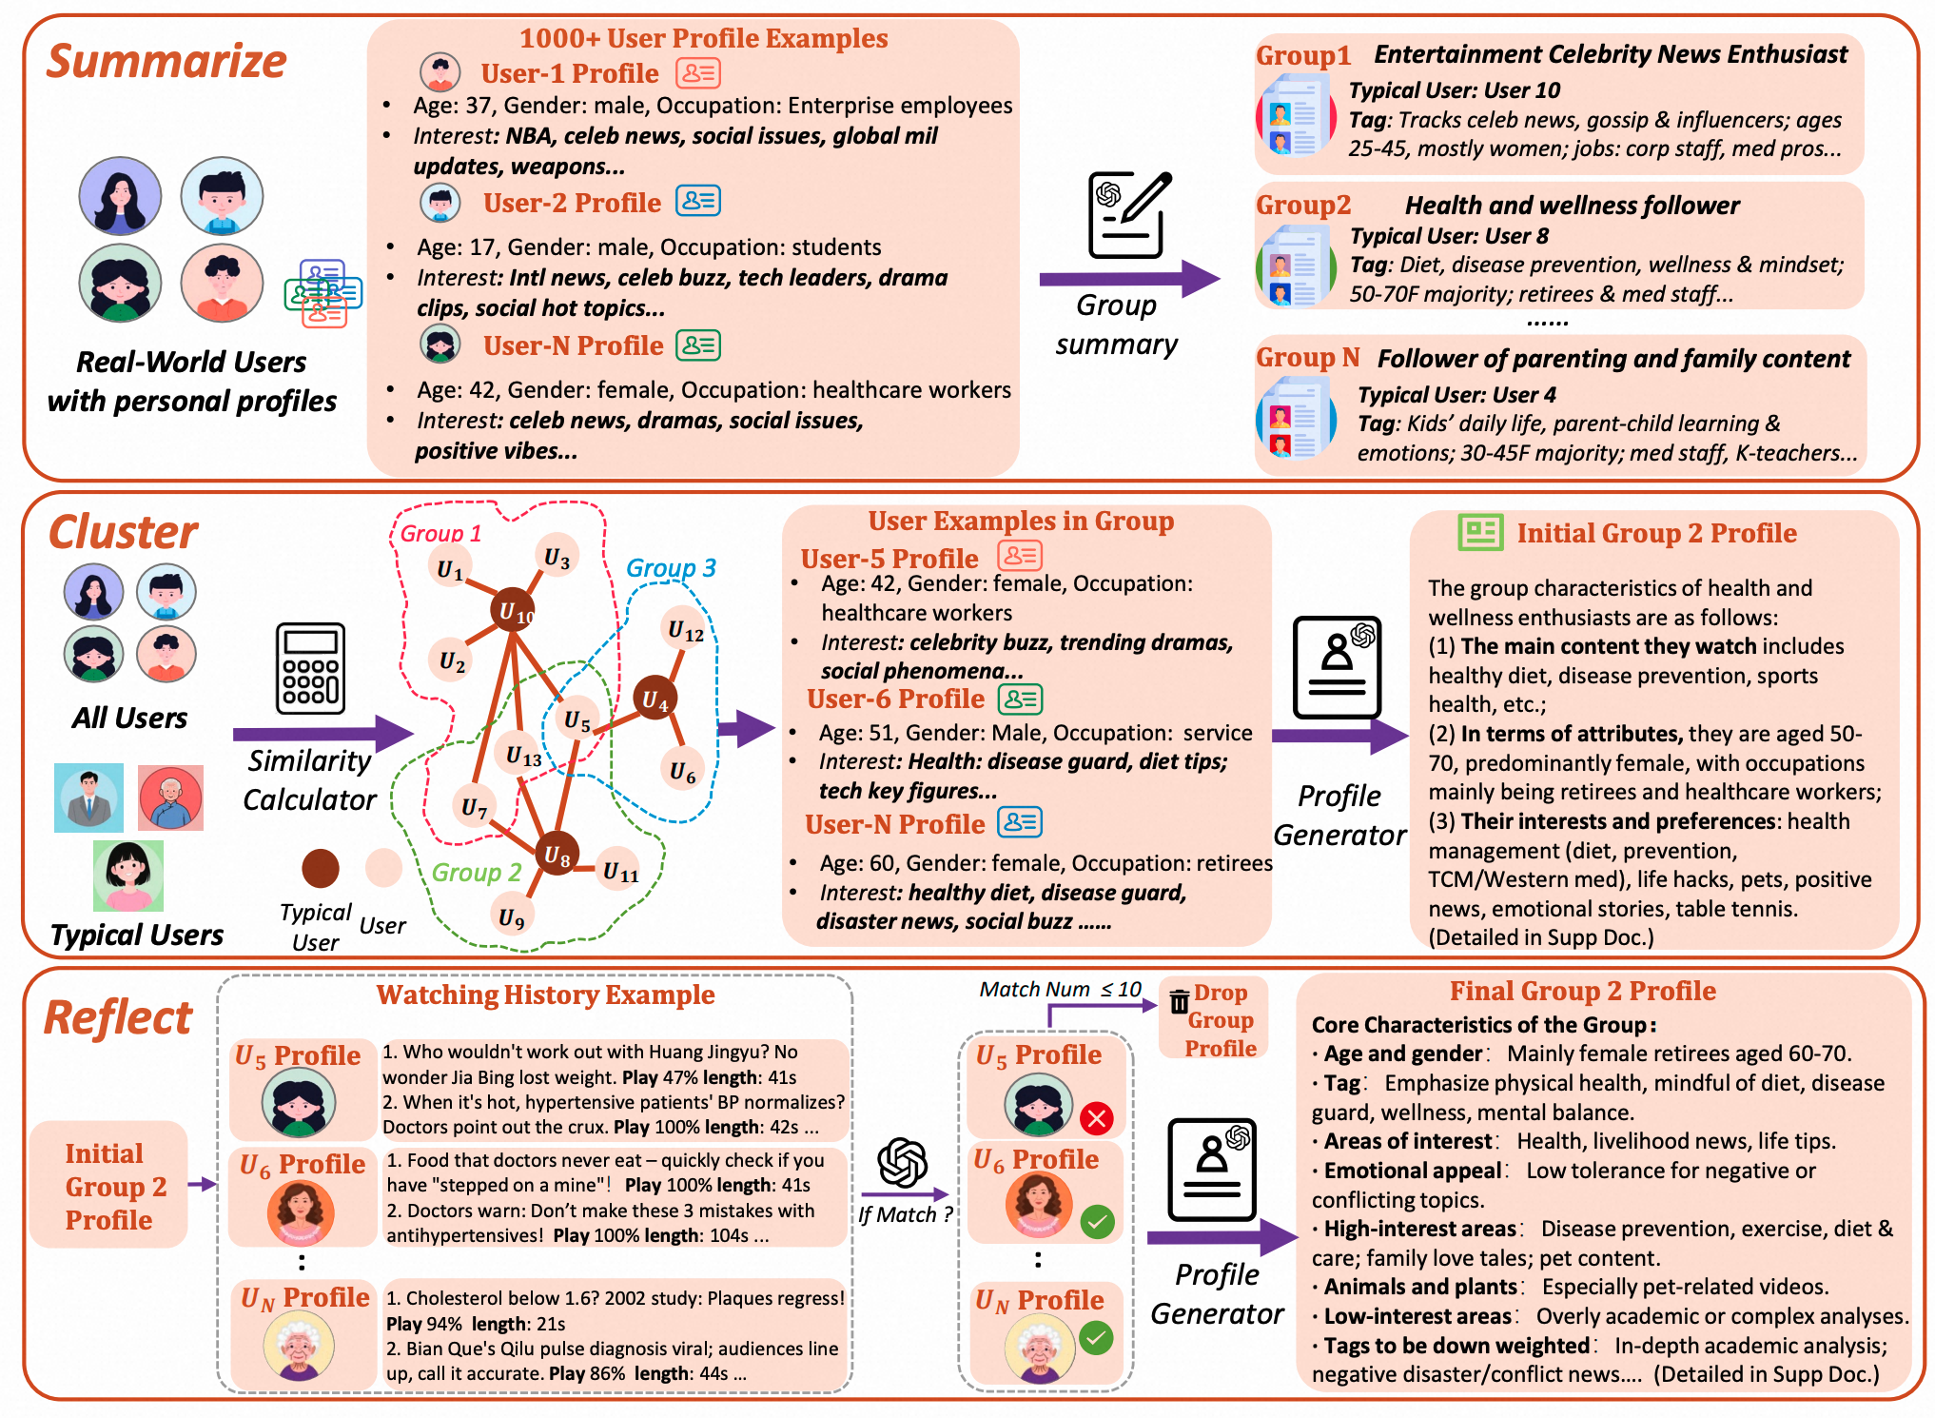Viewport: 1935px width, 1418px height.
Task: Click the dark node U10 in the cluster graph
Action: point(512,611)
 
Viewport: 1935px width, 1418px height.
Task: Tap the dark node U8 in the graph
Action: point(557,855)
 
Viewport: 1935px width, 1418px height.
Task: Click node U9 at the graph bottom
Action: point(512,916)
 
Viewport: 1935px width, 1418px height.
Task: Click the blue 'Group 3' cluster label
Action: point(671,567)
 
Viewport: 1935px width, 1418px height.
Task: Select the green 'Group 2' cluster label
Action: point(477,872)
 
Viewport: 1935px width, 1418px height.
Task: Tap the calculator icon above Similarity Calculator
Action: point(310,668)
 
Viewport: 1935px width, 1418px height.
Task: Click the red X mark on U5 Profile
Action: point(1096,1117)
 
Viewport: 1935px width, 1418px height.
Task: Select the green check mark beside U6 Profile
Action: point(1097,1221)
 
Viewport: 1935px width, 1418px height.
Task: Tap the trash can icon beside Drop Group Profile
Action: point(1179,1001)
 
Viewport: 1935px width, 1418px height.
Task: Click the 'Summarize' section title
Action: point(166,61)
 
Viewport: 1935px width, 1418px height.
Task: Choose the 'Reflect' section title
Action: point(118,1017)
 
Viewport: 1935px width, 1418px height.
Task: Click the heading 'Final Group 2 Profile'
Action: point(1582,991)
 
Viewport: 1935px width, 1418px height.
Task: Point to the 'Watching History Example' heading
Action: point(545,995)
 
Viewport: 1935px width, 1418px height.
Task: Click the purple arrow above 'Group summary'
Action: point(1129,279)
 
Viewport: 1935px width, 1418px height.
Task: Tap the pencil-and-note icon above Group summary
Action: point(1129,215)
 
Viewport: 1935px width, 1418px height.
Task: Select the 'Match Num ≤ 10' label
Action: point(1060,989)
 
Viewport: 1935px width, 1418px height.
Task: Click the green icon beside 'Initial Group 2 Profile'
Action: point(1480,532)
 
